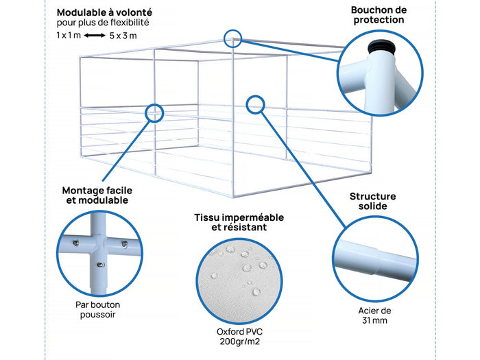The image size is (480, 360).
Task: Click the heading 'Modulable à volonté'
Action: coord(104,12)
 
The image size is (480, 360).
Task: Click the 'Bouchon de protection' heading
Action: coord(378,14)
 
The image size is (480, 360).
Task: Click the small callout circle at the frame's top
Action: coord(232,38)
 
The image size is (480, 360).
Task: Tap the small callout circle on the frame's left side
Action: coord(154,112)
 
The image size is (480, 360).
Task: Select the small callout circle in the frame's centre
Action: coord(255,104)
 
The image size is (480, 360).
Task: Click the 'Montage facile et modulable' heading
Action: coord(96,195)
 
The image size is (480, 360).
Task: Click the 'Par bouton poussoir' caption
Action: coord(98,309)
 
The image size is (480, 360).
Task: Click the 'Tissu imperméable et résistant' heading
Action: coord(239,222)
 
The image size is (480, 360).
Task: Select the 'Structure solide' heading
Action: coord(372,201)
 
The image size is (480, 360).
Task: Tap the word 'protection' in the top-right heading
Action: coord(378,20)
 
